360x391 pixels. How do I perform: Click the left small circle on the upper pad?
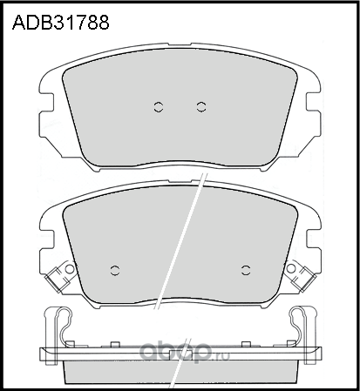(x=159, y=107)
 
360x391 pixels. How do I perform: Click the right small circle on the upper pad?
(x=201, y=107)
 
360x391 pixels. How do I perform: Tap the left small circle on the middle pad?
(x=116, y=267)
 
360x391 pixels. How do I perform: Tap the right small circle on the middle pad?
(x=245, y=267)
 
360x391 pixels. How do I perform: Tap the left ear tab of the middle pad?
(x=49, y=235)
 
